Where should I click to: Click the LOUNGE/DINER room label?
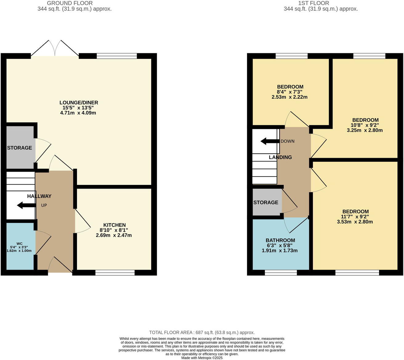(x=79, y=103)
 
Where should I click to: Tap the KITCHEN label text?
(x=114, y=225)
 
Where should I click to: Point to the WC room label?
(x=19, y=243)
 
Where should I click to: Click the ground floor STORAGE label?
(x=19, y=148)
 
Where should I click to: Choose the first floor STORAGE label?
(x=266, y=202)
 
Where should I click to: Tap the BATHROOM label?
(x=280, y=240)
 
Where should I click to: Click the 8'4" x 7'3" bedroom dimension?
(x=290, y=92)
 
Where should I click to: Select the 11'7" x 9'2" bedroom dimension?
(x=355, y=217)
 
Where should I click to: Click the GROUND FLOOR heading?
(x=70, y=3)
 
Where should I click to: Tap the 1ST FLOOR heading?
(x=313, y=3)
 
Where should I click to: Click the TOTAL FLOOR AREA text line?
(x=202, y=333)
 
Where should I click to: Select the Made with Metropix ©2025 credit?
(x=202, y=358)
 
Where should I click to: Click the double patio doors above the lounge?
(x=55, y=49)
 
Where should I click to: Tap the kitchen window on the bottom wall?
(x=115, y=272)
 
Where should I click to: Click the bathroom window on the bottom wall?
(x=281, y=272)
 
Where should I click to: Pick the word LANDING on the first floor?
(x=280, y=157)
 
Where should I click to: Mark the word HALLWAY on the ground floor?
(x=39, y=196)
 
